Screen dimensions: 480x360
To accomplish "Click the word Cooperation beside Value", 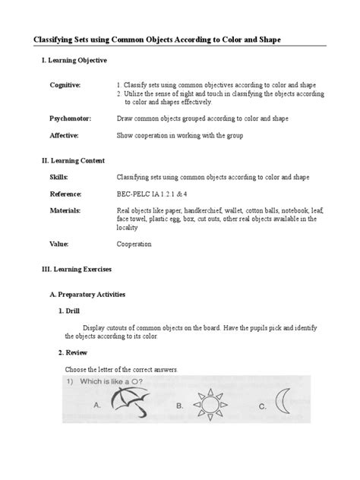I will click(x=134, y=245).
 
